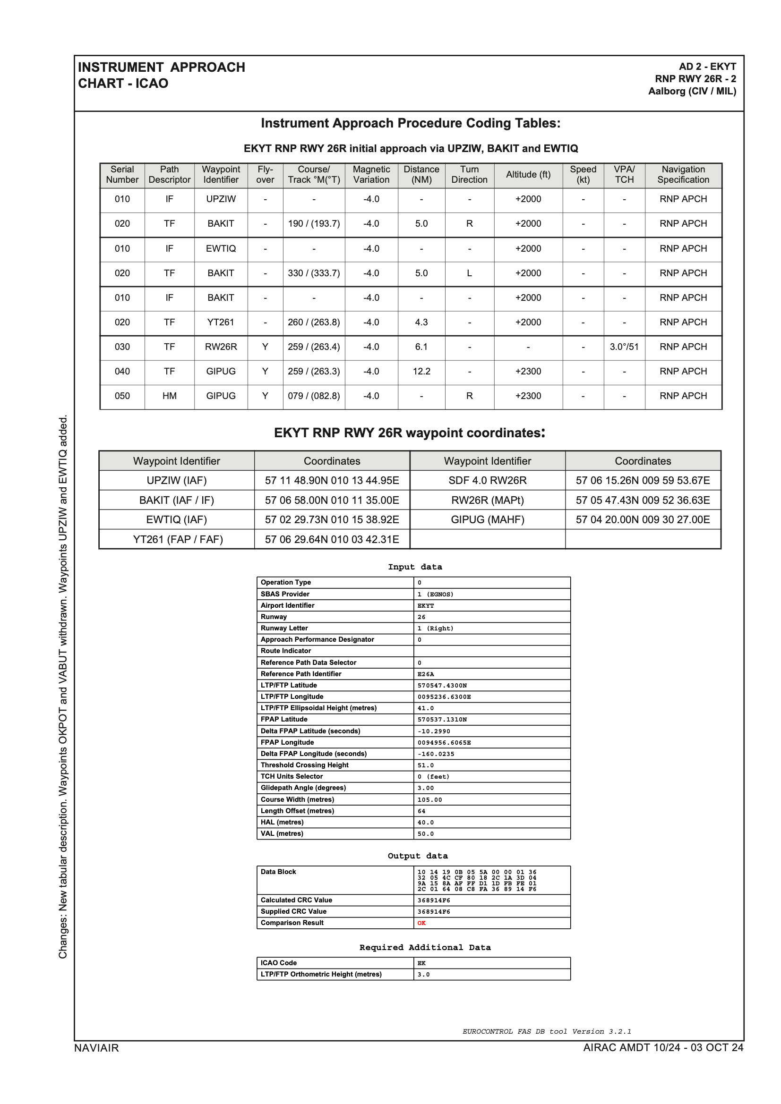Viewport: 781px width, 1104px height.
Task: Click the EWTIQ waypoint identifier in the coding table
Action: point(221,248)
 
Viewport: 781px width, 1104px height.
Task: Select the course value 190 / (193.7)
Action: point(314,224)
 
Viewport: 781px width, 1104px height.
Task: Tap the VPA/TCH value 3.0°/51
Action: point(624,347)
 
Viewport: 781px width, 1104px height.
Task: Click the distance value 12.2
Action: point(421,371)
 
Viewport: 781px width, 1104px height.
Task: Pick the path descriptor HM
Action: point(170,396)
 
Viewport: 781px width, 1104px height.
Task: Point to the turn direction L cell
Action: point(469,273)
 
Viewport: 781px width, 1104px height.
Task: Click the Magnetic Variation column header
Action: point(371,175)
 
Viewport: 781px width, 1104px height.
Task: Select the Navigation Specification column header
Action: point(683,175)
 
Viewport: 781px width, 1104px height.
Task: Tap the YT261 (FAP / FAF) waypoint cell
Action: point(178,540)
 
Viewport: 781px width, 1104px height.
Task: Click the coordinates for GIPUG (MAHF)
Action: point(643,519)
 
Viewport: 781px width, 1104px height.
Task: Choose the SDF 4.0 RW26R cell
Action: point(487,480)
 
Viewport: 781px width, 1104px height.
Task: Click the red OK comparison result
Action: point(421,923)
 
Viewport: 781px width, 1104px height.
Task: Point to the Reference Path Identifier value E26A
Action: point(426,674)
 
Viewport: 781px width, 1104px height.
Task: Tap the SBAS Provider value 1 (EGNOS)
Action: point(435,594)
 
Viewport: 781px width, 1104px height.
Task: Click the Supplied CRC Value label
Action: point(293,912)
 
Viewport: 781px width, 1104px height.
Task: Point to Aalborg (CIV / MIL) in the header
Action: point(692,91)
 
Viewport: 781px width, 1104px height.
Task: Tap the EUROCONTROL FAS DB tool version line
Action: point(547,1031)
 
